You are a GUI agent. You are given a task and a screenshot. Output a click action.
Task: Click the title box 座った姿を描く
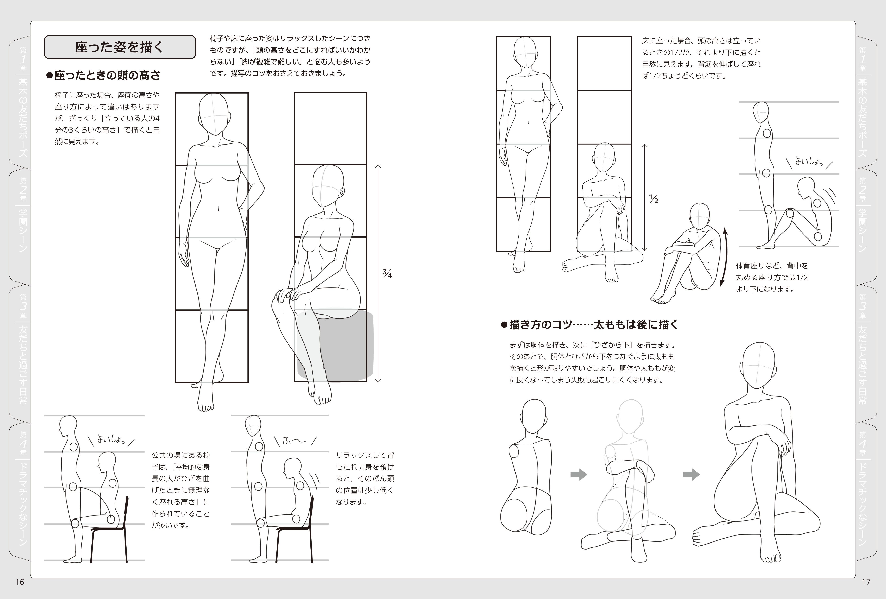[x=120, y=47]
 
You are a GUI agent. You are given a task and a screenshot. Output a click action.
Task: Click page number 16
[x=20, y=582]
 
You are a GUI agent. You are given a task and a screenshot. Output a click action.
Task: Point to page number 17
[x=866, y=582]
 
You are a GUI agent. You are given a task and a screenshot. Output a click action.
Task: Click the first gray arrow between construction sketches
[x=578, y=475]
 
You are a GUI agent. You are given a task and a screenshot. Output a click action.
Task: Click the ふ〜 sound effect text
[x=294, y=441]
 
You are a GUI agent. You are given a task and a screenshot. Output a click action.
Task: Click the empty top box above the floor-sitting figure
[x=604, y=64]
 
